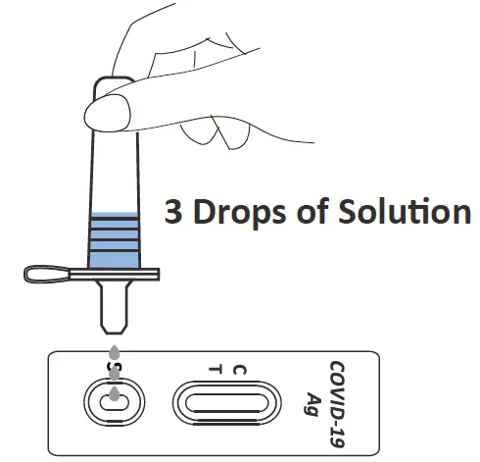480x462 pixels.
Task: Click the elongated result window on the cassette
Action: pos(226,402)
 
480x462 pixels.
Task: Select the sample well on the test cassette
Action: pos(115,402)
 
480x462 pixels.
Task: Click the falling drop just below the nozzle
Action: pos(115,351)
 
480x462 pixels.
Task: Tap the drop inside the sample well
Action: pos(115,394)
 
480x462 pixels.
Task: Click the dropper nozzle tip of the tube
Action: pos(115,320)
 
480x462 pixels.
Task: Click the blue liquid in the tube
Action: pos(115,240)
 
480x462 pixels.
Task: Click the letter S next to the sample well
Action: pos(114,371)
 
